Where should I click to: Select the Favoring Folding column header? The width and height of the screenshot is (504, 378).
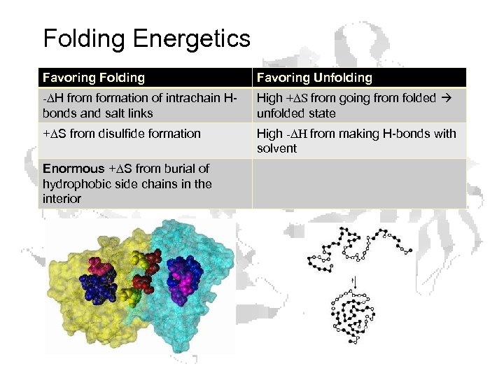(94, 78)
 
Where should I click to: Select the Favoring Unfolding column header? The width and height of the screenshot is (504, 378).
(314, 78)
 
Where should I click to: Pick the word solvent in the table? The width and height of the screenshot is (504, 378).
(276, 148)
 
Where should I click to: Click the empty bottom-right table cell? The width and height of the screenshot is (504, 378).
(359, 183)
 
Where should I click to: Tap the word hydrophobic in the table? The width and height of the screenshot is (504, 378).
(75, 184)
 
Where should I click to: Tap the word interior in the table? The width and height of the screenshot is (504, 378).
(62, 199)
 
